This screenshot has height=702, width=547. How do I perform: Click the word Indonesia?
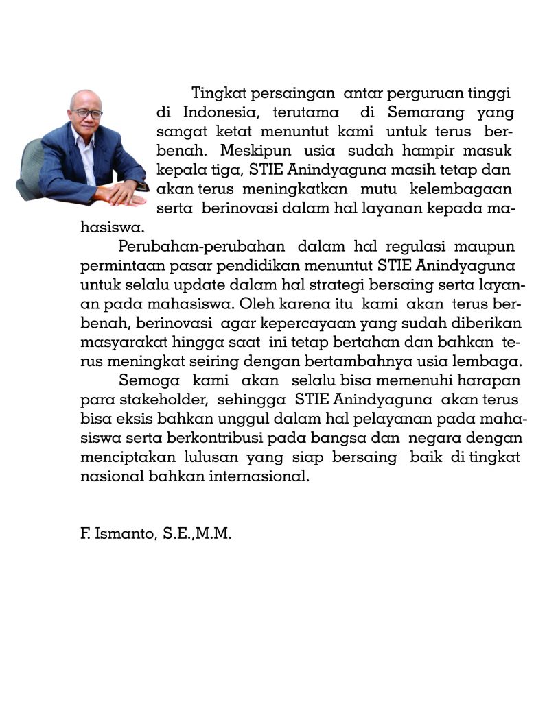pos(220,112)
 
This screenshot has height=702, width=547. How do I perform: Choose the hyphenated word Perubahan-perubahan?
pos(202,246)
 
